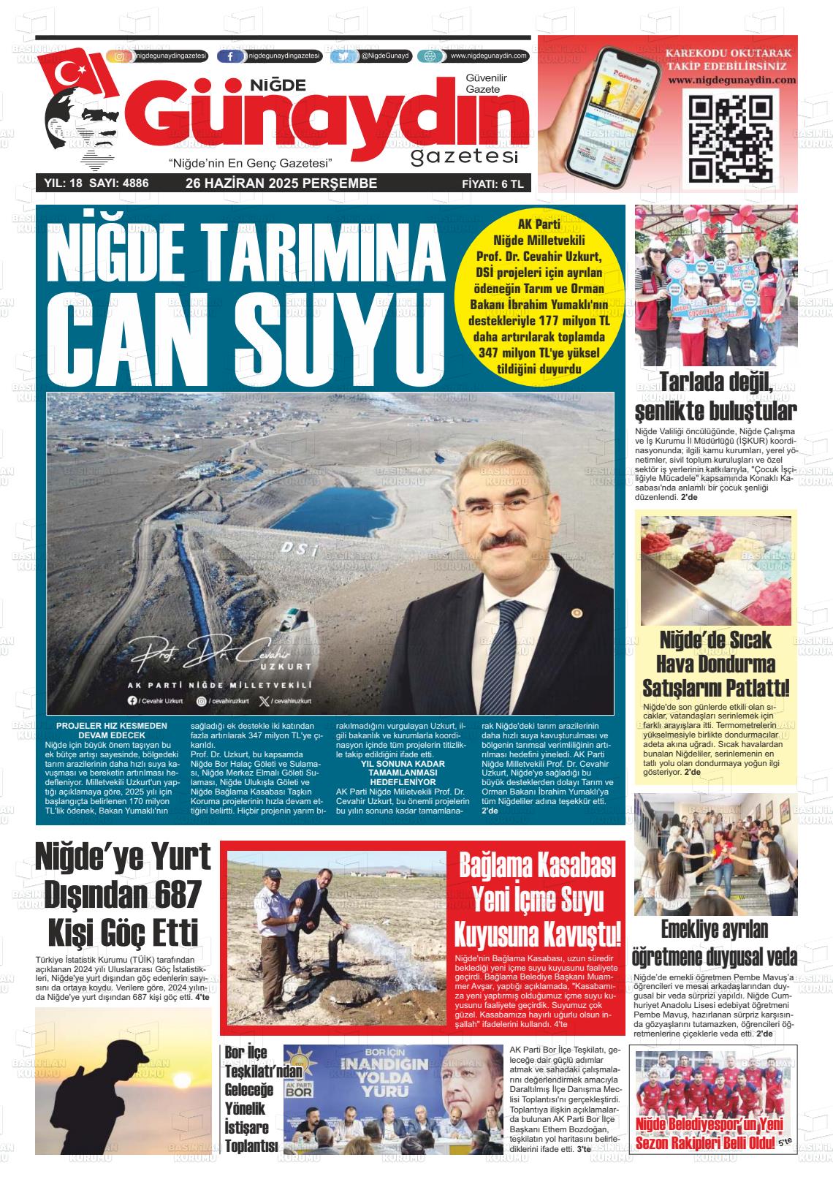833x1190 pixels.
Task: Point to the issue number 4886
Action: point(132,183)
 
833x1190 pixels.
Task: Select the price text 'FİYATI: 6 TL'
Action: point(492,184)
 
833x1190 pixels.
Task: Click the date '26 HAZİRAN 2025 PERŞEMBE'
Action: point(281,183)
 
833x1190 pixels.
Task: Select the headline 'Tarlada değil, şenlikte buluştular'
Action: point(715,395)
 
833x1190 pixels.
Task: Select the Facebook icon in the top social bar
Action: point(231,56)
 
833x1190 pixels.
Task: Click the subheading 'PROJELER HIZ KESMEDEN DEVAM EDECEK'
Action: point(112,730)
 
